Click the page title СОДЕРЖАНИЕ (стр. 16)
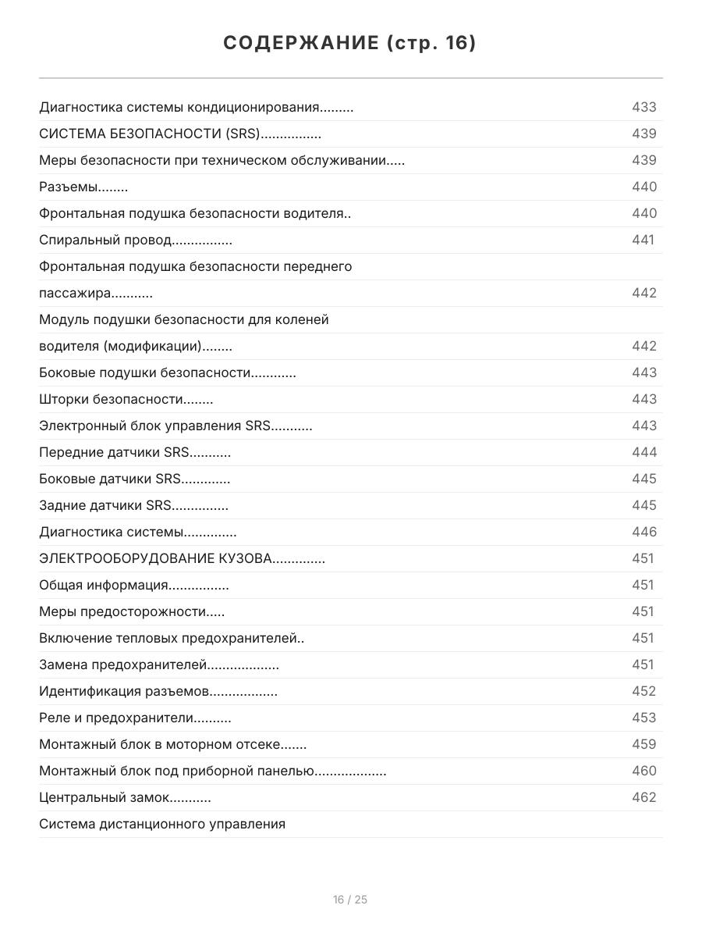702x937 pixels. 350,44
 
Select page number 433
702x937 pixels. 643,107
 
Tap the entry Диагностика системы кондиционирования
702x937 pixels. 196,107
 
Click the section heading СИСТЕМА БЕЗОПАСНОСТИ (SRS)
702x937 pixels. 179,134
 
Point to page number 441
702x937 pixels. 643,240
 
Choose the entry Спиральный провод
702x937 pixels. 135,240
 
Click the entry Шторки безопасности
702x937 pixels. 126,399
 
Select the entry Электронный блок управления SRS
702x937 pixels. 175,426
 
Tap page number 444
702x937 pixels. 643,452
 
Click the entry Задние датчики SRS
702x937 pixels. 133,505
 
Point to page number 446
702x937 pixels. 643,532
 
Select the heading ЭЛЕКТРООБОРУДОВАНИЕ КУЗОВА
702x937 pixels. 182,558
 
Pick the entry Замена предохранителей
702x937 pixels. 159,664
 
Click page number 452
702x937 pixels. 643,691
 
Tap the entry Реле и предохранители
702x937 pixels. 135,718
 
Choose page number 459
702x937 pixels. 643,744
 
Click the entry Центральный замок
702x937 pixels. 125,797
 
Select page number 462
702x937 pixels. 643,797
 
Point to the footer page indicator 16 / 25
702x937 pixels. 350,900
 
